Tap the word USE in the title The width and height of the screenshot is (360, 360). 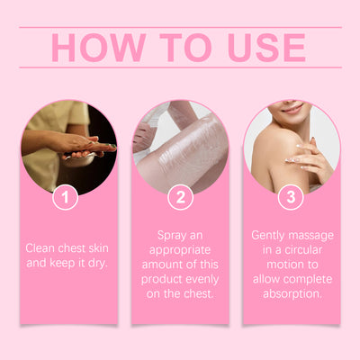pyautogui.click(x=266, y=48)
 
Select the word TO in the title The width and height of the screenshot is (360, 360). pyautogui.click(x=185, y=48)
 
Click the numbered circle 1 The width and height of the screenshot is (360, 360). pyautogui.click(x=66, y=197)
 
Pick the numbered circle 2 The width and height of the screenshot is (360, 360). pyautogui.click(x=181, y=197)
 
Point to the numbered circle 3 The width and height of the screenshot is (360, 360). pyautogui.click(x=291, y=197)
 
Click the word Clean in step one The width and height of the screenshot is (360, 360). pyautogui.click(x=40, y=248)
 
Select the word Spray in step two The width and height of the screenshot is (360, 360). pyautogui.click(x=170, y=236)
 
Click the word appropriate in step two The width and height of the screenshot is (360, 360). pyautogui.click(x=180, y=251)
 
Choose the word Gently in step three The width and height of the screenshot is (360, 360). pyautogui.click(x=268, y=236)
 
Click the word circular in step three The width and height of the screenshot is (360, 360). pyautogui.click(x=303, y=250)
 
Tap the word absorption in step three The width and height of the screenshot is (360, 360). pyautogui.click(x=292, y=294)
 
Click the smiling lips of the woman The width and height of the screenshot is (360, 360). pyautogui.click(x=293, y=109)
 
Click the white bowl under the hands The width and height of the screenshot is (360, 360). pyautogui.click(x=79, y=158)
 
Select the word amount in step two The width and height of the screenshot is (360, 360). pyautogui.click(x=159, y=265)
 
